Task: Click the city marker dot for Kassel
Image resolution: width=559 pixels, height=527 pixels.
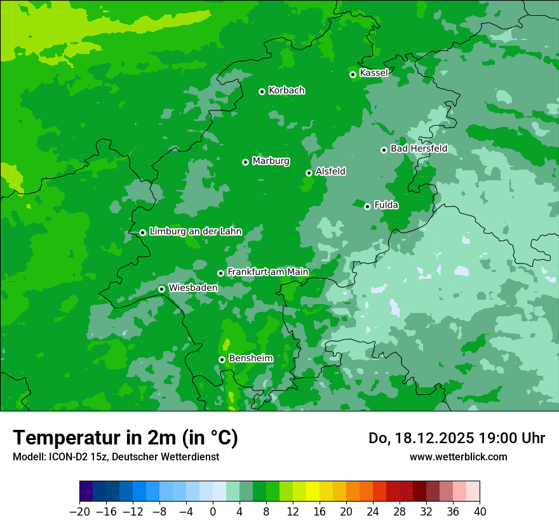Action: coord(353,74)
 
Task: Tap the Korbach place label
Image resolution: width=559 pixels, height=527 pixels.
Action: coord(286,90)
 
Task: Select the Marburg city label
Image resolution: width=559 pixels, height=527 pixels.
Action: coord(271,161)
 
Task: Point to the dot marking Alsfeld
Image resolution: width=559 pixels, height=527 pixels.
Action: coord(309,173)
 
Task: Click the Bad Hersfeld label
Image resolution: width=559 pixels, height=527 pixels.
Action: coord(419,149)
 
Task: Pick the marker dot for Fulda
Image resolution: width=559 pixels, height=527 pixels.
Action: coord(367,206)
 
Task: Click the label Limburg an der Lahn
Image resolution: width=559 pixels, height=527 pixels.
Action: coord(196,231)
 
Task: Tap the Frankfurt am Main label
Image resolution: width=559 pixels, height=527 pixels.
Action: coord(267,272)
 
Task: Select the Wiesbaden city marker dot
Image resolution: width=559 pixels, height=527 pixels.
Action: coord(161,289)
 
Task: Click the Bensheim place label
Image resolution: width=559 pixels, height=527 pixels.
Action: coord(250,358)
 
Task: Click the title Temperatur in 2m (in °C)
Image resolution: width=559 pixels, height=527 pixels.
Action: coord(126,437)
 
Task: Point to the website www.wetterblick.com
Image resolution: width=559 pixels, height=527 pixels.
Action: coord(459,457)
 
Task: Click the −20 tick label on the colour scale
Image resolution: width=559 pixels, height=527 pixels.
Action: coord(79,512)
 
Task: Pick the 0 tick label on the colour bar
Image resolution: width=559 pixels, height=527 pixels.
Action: coord(213,512)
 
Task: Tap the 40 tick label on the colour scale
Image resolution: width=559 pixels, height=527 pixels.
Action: coord(480,512)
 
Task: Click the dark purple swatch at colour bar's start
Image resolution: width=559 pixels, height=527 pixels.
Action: coord(86,491)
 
